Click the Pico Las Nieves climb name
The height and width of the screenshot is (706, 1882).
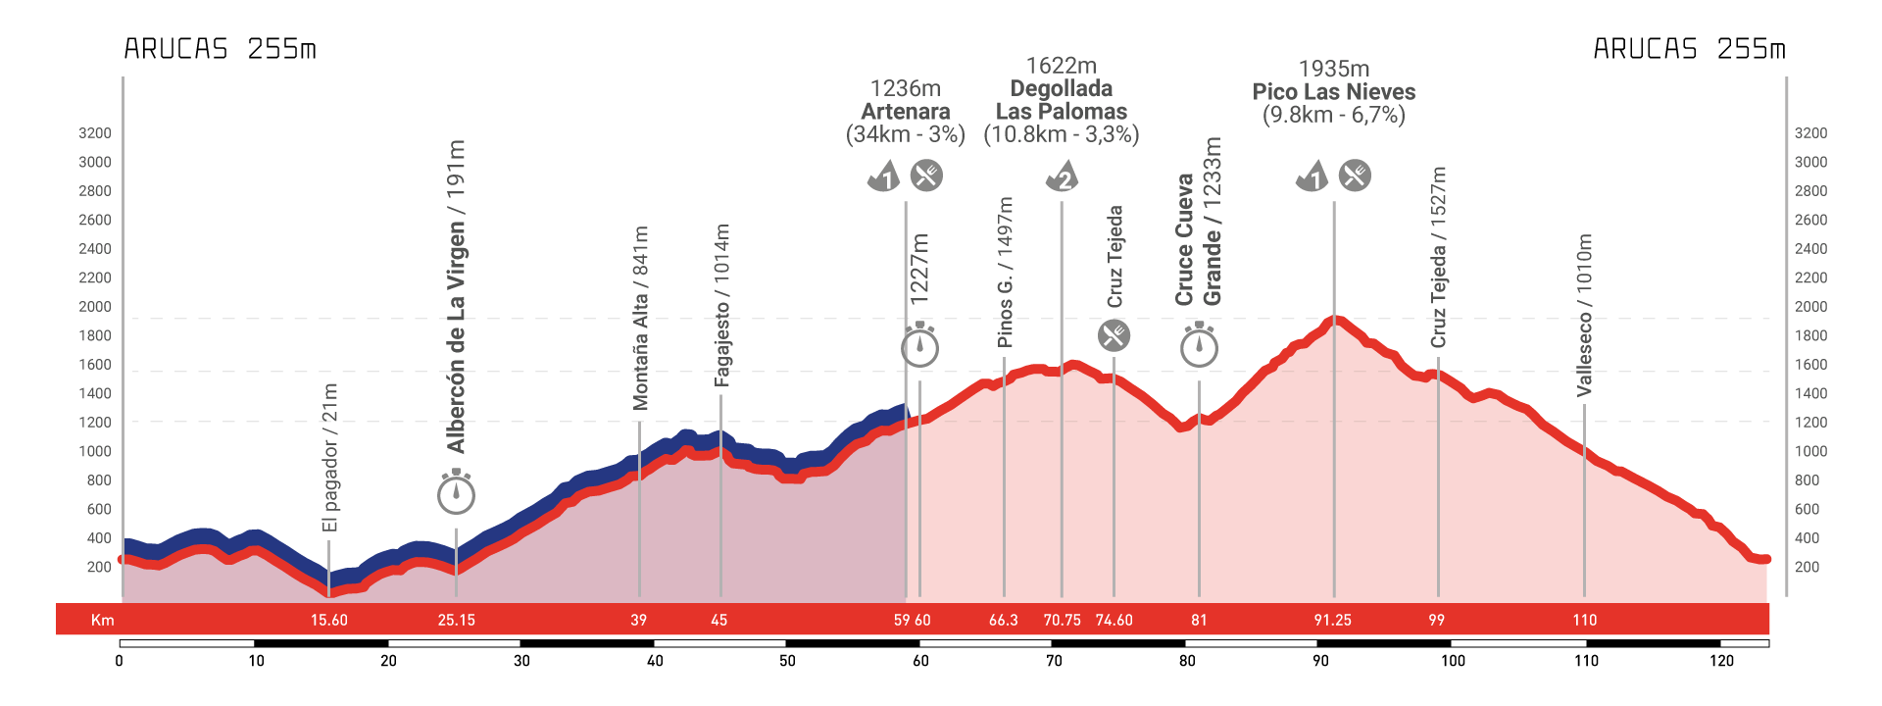coord(1333,92)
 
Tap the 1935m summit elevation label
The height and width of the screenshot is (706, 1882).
coord(1333,69)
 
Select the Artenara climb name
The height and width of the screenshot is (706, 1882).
coord(905,112)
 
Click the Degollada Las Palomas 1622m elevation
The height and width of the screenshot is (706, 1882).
coord(1061,66)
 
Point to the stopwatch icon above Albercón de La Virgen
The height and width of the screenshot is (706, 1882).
coord(456,492)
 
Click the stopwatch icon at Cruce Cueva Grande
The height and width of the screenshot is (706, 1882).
coord(1199,346)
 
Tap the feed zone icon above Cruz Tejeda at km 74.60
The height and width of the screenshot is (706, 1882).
coord(1114,335)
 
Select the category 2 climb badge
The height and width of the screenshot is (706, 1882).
coord(1062,176)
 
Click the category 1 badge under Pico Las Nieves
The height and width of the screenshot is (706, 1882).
coord(1312,176)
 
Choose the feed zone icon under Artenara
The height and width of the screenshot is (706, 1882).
coord(926,176)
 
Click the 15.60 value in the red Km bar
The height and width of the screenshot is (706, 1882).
coord(329,620)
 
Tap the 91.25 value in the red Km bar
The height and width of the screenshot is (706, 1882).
coord(1332,620)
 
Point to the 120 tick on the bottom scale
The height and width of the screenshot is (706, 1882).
coord(1721,661)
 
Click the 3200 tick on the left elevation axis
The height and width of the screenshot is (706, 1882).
coord(95,133)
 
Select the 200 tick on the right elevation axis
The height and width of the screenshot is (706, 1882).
coord(1807,567)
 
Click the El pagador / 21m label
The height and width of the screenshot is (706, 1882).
coord(330,458)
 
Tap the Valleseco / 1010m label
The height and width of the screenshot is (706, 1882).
coord(1584,315)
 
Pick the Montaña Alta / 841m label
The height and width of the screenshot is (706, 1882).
coord(640,318)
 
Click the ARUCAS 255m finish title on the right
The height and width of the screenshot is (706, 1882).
coord(1689,49)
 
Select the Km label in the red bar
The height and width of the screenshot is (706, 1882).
coord(102,620)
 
